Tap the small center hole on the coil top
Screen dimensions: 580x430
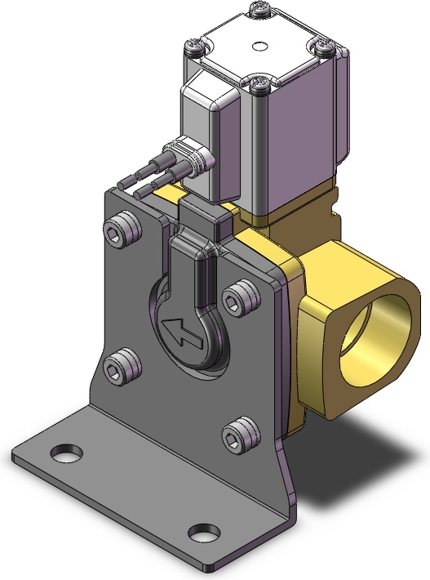tap(259, 46)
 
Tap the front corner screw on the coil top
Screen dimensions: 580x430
tap(260, 85)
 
